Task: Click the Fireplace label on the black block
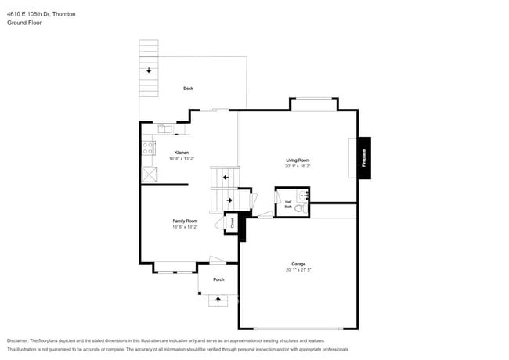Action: pyautogui.click(x=363, y=159)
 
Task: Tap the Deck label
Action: pyautogui.click(x=188, y=88)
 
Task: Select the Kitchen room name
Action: pyautogui.click(x=181, y=152)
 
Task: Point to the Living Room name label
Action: pyautogui.click(x=297, y=160)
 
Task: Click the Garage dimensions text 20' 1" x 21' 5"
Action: pyautogui.click(x=298, y=270)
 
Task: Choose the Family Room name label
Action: pyautogui.click(x=185, y=221)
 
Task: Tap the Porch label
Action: pyautogui.click(x=218, y=279)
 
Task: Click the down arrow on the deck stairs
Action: pyautogui.click(x=149, y=71)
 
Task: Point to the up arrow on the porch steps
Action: pyautogui.click(x=218, y=300)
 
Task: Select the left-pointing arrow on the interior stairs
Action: pyautogui.click(x=226, y=178)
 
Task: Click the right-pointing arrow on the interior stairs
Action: pyautogui.click(x=229, y=200)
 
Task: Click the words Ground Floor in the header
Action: pyautogui.click(x=24, y=23)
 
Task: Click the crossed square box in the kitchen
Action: pyautogui.click(x=149, y=175)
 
